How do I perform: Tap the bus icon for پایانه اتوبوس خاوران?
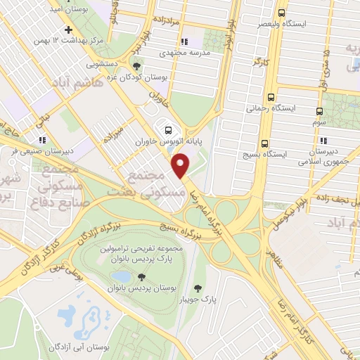(x=167, y=130)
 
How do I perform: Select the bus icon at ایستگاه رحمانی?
(x=271, y=98)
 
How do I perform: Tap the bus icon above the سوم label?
(x=320, y=112)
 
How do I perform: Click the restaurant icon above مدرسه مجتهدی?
(x=184, y=41)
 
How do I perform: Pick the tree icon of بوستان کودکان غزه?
(x=136, y=66)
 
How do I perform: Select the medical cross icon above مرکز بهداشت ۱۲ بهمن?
(x=67, y=30)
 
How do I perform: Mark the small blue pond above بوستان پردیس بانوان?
(x=121, y=277)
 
